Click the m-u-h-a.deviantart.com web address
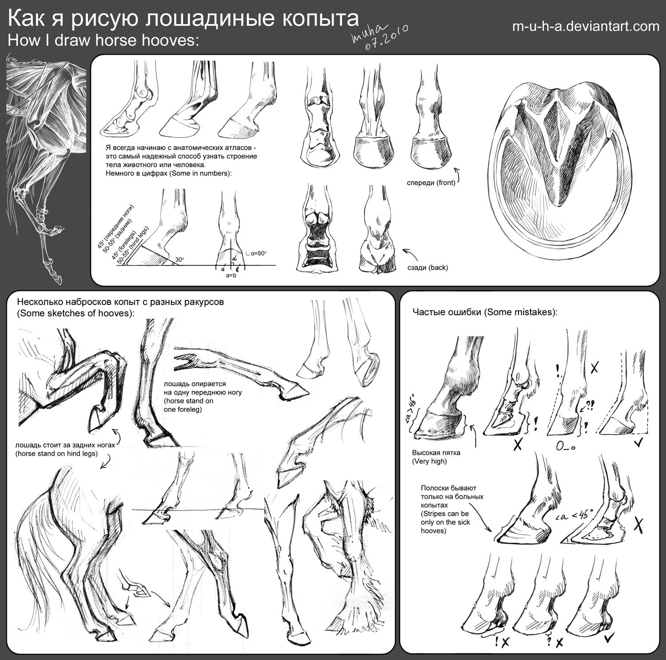[586, 27]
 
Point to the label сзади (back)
[428, 267]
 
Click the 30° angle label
[179, 260]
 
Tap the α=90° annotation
[257, 253]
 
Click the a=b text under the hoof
[231, 276]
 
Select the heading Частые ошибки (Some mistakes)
[485, 312]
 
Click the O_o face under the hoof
[566, 447]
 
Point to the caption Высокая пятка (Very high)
[436, 457]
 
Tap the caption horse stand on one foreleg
[194, 396]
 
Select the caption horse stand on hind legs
[65, 449]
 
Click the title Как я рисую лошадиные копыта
[183, 19]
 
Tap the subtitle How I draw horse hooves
[103, 41]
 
